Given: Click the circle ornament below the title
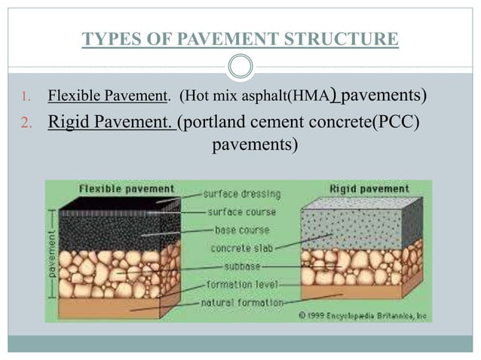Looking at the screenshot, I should click(240, 66).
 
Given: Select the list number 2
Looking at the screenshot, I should click(24, 122).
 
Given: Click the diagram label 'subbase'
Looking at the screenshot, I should click(243, 266).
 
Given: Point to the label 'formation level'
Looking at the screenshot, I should click(243, 285).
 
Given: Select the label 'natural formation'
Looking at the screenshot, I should click(243, 302).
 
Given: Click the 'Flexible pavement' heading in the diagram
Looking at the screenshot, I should click(117, 188).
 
